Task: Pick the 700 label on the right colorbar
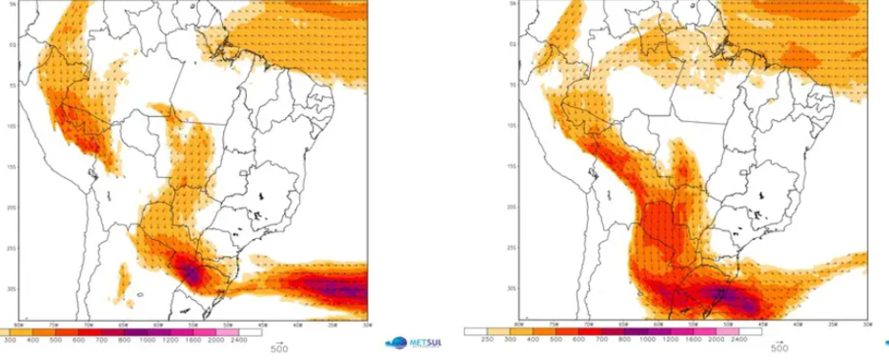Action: coord(611,339)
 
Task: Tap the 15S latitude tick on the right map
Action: coord(514,167)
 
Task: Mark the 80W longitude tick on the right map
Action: coord(518,325)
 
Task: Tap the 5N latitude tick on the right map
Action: coord(514,4)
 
